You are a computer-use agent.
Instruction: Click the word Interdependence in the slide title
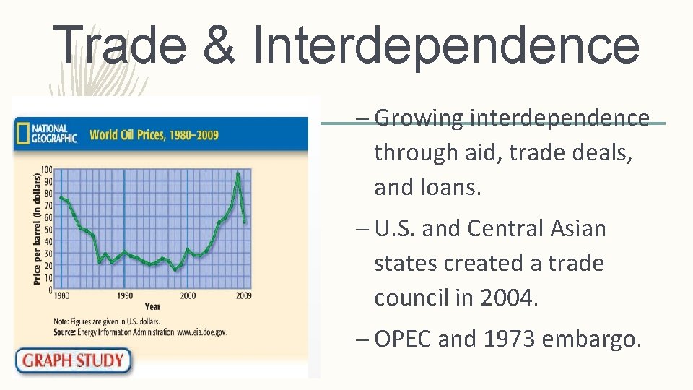[x=445, y=44]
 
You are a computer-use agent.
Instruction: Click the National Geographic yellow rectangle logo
[x=23, y=134]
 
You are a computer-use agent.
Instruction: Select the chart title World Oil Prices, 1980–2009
[x=154, y=134]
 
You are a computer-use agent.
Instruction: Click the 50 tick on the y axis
[x=48, y=230]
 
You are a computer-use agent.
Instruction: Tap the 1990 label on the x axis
[x=124, y=296]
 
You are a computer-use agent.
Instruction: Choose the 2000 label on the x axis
[x=187, y=296]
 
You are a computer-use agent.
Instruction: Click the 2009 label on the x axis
[x=244, y=296]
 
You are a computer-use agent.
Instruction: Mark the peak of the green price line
[x=238, y=173]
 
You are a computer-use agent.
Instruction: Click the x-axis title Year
[x=152, y=305]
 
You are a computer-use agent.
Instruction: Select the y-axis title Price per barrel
[x=37, y=228]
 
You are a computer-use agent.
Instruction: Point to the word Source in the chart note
[x=66, y=331]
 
